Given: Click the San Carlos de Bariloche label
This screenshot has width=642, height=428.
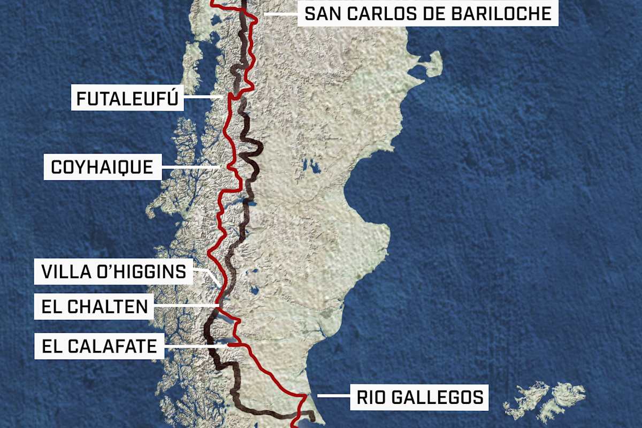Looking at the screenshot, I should click(427, 14).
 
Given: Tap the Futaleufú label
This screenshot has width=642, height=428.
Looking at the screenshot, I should click(127, 99).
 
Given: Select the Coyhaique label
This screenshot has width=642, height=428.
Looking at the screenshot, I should click(102, 168).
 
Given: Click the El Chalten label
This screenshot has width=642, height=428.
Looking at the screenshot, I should click(94, 307).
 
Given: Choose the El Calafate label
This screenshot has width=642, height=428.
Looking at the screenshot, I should click(99, 346).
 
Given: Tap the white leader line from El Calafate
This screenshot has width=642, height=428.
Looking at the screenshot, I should click(195, 346).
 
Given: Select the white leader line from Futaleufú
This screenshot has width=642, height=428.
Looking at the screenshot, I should click(203, 97).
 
